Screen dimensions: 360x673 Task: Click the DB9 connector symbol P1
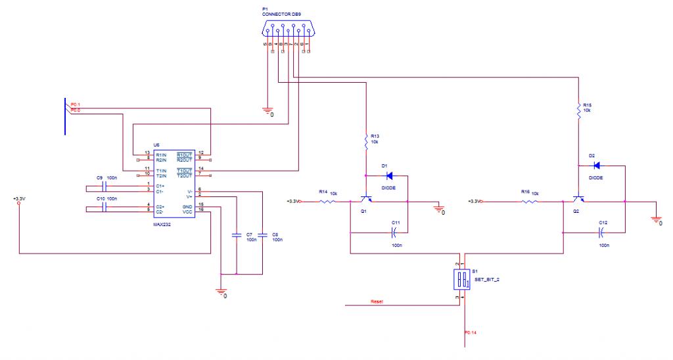click(x=289, y=30)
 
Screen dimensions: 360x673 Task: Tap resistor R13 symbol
click(x=365, y=140)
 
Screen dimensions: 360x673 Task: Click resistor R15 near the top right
click(x=578, y=108)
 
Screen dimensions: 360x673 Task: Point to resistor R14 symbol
click(x=327, y=202)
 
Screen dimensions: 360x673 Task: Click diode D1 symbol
click(x=388, y=175)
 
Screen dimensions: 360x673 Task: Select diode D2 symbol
click(x=597, y=166)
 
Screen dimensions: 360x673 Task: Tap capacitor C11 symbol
click(x=394, y=232)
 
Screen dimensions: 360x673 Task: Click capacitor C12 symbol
click(x=601, y=232)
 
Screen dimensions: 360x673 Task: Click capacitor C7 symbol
click(x=236, y=234)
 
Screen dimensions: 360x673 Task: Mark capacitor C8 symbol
click(x=262, y=234)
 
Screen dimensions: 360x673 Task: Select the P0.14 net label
click(x=472, y=335)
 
